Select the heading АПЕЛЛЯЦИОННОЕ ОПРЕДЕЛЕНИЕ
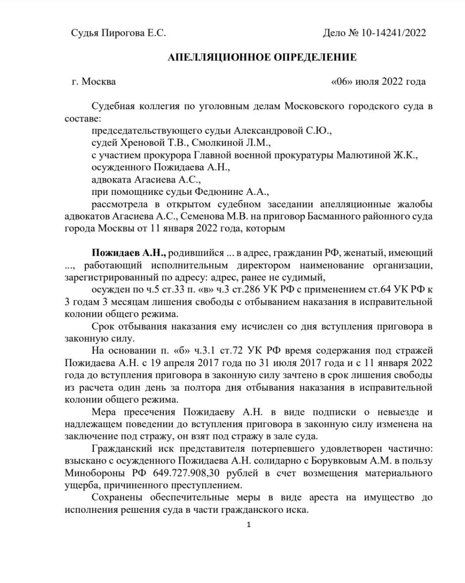262,57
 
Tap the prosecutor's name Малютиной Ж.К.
377,155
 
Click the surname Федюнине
222,192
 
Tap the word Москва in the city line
98,82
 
